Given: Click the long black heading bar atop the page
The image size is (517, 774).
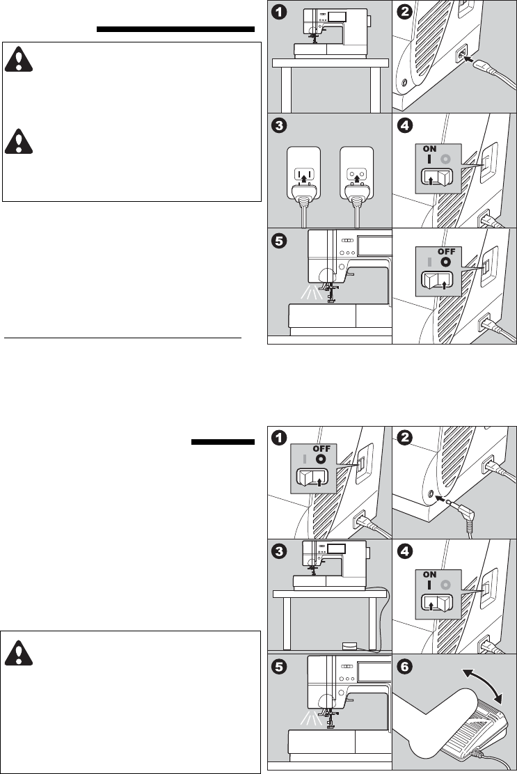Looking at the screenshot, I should (x=175, y=30).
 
